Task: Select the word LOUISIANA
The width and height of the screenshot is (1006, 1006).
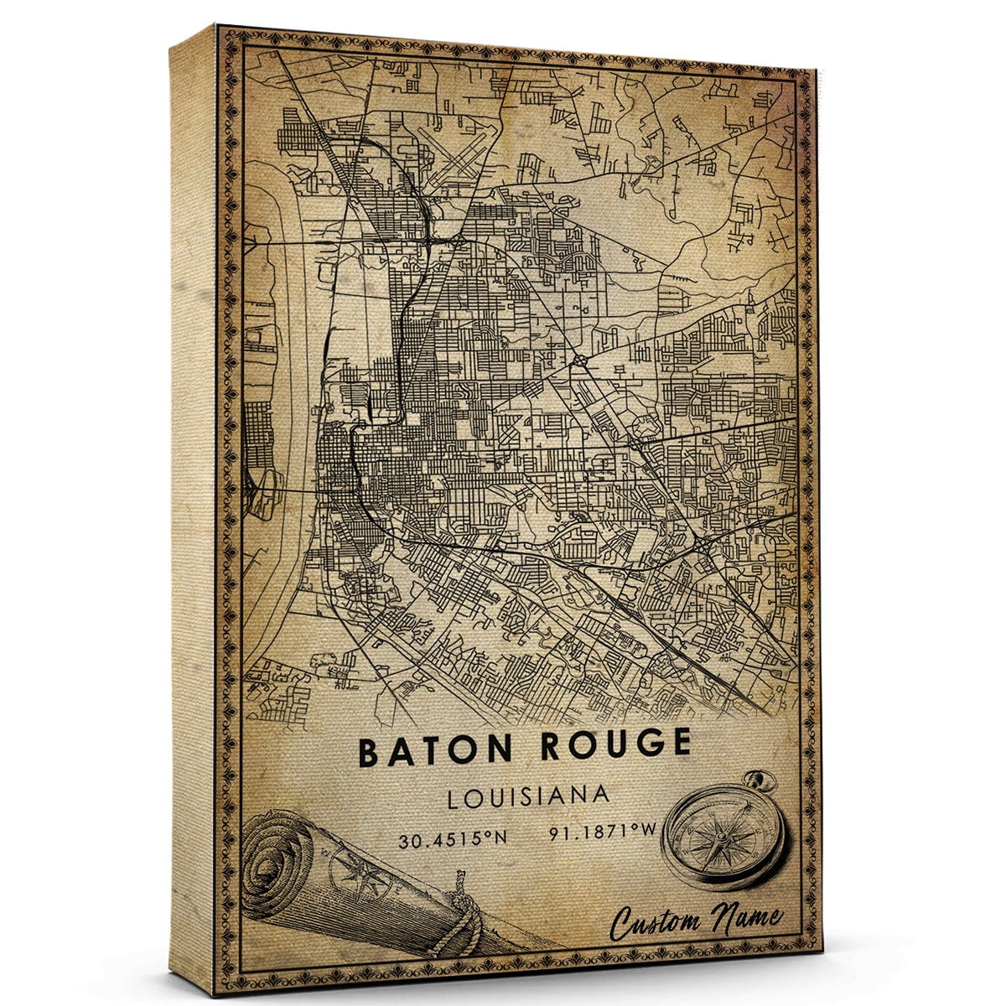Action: pyautogui.click(x=528, y=796)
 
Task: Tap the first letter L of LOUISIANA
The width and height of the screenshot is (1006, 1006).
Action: pyautogui.click(x=454, y=798)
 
